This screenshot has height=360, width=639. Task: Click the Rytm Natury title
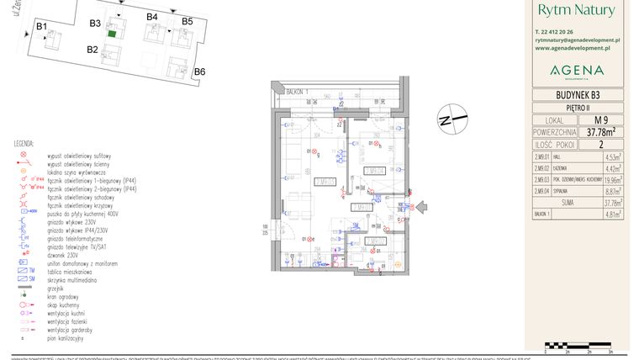click(x=576, y=11)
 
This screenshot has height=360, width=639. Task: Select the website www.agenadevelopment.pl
click(x=577, y=48)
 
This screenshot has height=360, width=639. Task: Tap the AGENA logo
click(x=577, y=70)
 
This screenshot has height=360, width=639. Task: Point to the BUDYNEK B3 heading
click(x=577, y=95)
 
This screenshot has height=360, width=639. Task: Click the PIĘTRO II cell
click(x=577, y=108)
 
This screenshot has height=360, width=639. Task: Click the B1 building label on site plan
click(x=41, y=27)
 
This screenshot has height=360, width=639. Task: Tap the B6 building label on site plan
click(x=199, y=71)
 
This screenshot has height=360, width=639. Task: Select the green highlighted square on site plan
click(x=112, y=34)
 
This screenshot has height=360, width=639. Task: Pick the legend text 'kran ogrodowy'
click(x=65, y=296)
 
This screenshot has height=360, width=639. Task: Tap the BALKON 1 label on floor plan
click(x=297, y=91)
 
